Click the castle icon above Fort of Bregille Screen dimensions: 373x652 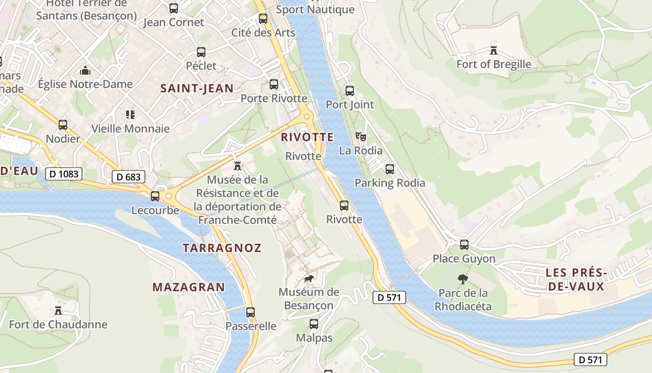pos(494,50)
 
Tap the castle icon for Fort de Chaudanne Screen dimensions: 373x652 pos(58,310)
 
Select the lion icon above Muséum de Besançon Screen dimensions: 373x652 pos(308,278)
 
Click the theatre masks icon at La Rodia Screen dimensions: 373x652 pos(360,136)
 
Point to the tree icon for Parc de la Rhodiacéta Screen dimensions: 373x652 pos(462,279)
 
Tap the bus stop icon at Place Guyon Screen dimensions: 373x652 pos(464,244)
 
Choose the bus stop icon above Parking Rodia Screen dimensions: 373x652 pos(390,169)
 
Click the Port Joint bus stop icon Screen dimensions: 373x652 pos(349,90)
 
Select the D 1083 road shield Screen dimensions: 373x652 pos(64,174)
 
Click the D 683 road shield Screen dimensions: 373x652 pos(129,177)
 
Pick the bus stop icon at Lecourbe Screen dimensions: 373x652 pos(155,196)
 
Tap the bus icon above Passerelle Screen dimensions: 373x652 pos(251,312)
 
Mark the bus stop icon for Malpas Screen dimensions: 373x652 pos(314,324)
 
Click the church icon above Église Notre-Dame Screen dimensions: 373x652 pos(85,70)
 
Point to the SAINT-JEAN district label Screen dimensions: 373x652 pos(197,88)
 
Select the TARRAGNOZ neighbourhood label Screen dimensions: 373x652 pos(222,248)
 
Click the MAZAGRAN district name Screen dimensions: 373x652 pos(189,287)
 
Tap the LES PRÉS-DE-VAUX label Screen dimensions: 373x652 pos(576,279)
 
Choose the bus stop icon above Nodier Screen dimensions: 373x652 pos(63,125)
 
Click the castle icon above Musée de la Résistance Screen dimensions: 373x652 pos(238,166)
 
